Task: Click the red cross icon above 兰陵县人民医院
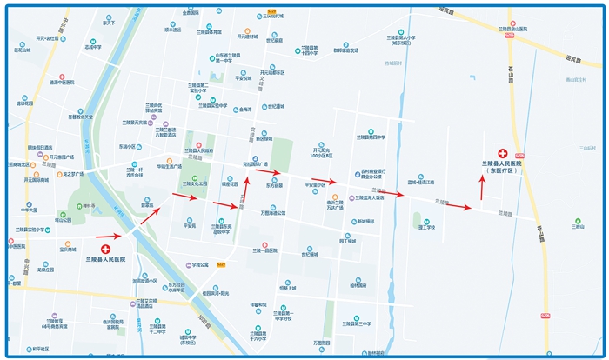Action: pyautogui.click(x=105, y=249)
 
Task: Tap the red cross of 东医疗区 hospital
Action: pyautogui.click(x=501, y=153)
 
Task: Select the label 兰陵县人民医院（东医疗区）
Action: pyautogui.click(x=502, y=167)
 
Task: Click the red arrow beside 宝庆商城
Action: pyautogui.click(x=108, y=236)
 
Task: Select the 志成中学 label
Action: pyautogui.click(x=92, y=46)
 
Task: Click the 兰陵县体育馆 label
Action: pyautogui.click(x=209, y=32)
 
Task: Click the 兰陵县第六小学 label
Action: pyautogui.click(x=401, y=38)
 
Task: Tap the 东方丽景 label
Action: pyautogui.click(x=274, y=185)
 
